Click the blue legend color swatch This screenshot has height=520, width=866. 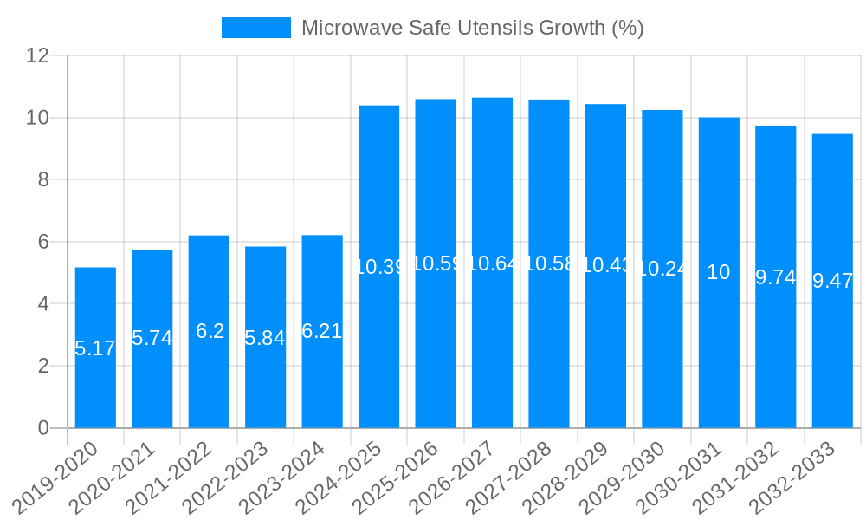255,28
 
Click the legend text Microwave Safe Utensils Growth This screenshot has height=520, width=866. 472,28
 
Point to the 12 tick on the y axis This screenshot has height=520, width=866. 37,55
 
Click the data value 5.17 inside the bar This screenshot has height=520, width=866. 95,348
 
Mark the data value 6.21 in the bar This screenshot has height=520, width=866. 321,330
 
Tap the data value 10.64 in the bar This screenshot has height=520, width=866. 492,263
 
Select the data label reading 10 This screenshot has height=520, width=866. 719,272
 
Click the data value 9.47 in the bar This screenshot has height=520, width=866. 832,280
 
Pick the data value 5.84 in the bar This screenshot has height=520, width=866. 265,338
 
